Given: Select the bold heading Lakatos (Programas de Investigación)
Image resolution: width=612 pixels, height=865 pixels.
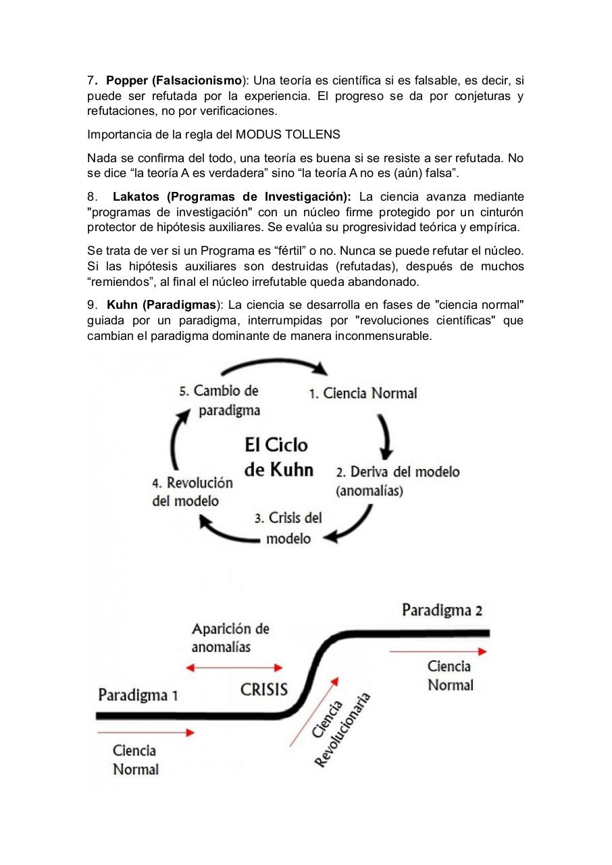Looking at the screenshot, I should (232, 197).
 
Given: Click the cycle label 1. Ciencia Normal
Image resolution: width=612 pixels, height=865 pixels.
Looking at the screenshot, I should (363, 393).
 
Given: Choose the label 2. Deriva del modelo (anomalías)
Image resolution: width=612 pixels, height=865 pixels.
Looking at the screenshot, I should (397, 481).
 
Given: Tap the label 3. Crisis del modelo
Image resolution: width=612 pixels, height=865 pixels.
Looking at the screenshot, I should (288, 528).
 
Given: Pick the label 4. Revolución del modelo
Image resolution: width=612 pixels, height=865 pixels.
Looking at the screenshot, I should (193, 492).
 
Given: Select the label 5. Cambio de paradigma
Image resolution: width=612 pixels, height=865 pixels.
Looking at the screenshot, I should (220, 400).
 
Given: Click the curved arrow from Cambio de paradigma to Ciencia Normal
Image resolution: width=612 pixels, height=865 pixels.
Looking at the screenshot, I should (274, 365).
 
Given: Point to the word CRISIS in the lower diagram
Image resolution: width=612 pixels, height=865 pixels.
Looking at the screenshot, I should (264, 689).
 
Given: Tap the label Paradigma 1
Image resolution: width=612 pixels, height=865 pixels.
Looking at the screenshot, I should (138, 695).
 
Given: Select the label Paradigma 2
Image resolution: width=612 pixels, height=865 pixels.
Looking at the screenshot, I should (442, 610).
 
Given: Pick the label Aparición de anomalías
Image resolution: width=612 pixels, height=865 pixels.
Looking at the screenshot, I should (230, 637).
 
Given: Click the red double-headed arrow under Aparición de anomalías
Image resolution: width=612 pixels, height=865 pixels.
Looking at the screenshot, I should (234, 668).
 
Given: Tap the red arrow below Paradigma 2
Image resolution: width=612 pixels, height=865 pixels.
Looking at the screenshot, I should (438, 651).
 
